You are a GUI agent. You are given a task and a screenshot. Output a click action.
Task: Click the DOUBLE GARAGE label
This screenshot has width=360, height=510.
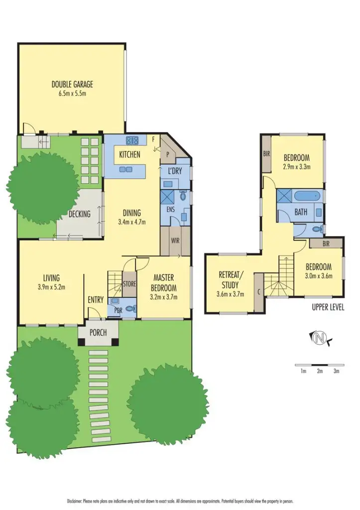click(x=72, y=84)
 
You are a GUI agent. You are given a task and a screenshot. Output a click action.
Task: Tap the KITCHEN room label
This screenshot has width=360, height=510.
click(x=129, y=154)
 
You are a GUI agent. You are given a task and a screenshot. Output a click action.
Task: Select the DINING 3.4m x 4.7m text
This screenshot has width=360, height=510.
click(x=132, y=217)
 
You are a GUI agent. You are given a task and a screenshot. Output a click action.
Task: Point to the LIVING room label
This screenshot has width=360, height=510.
click(x=51, y=278)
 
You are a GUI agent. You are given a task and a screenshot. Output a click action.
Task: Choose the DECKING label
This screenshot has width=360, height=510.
click(x=80, y=214)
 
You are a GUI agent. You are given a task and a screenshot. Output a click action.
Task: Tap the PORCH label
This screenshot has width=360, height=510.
click(x=98, y=333)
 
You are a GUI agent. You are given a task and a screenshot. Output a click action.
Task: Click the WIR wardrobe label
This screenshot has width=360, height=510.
click(x=175, y=241)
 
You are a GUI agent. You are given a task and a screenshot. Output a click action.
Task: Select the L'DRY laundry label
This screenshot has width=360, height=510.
click(x=174, y=171)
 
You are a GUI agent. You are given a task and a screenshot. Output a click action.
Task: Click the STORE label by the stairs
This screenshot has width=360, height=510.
click(x=129, y=284)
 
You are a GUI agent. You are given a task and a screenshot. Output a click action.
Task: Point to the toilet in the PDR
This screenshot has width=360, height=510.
click(x=131, y=309)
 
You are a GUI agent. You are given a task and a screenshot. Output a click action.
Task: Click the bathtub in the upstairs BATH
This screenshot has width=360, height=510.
click(x=308, y=195)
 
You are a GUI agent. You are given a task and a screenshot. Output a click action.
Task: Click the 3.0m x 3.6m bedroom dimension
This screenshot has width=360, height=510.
click(x=318, y=276)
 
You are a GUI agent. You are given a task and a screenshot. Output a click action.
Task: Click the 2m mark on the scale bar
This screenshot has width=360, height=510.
click(x=319, y=371)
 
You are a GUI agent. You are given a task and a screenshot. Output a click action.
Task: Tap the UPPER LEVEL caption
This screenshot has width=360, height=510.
click(x=328, y=307)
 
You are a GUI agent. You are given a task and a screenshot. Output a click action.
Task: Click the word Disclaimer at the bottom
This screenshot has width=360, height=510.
click(x=78, y=500)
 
